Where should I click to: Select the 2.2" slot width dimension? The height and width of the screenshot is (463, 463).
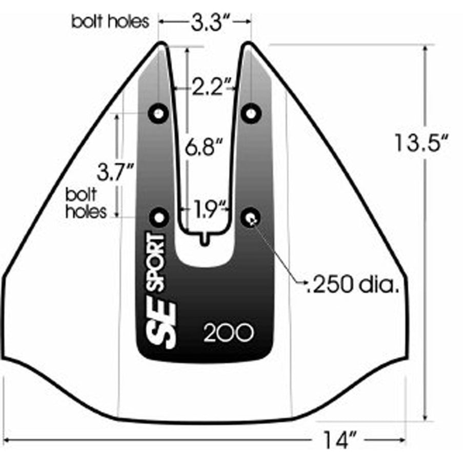pyautogui.click(x=207, y=87)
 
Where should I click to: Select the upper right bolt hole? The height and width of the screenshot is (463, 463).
pyautogui.click(x=251, y=112)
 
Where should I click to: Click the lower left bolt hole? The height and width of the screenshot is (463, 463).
pyautogui.click(x=158, y=217)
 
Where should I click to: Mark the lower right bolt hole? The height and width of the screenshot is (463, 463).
pyautogui.click(x=251, y=217)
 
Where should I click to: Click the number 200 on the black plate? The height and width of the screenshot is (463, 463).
pyautogui.click(x=229, y=333)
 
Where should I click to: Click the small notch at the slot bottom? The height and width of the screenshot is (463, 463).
pyautogui.click(x=205, y=239)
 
